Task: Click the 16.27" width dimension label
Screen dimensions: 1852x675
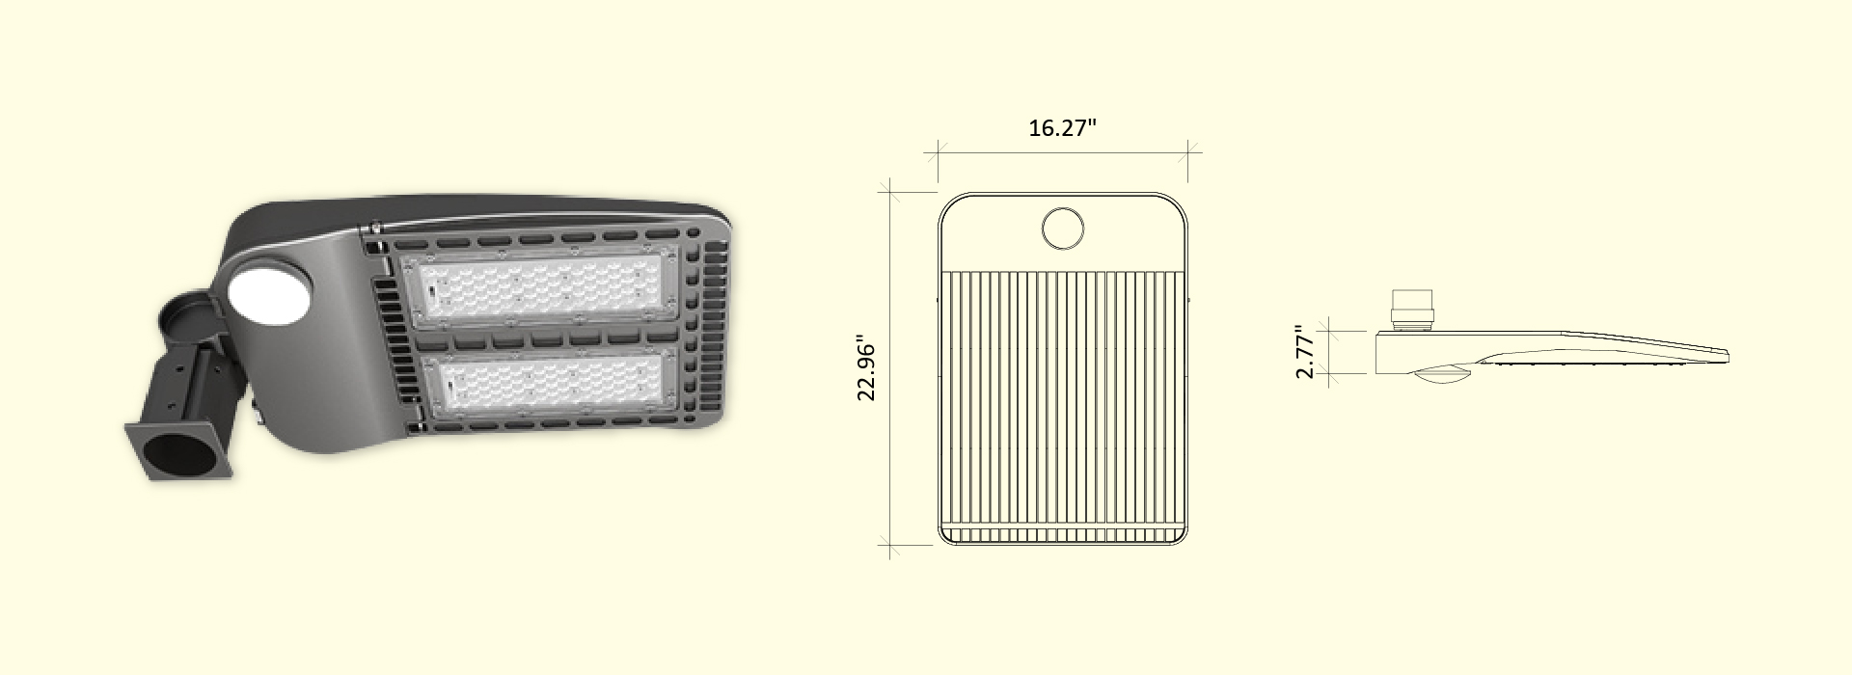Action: point(1062,128)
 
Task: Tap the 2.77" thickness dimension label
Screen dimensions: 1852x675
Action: point(1305,352)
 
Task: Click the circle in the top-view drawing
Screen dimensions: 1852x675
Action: point(1063,227)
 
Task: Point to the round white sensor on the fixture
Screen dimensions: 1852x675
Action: point(269,295)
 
